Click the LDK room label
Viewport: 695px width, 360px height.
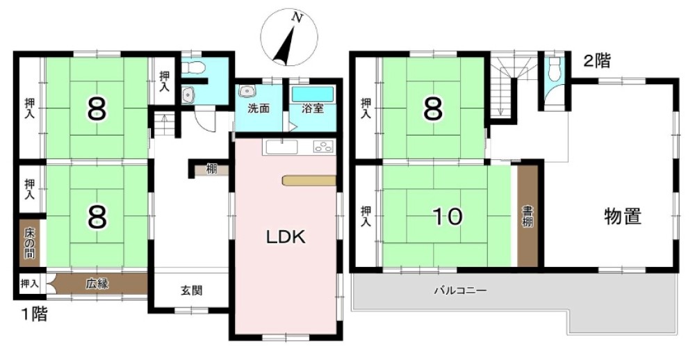(286, 238)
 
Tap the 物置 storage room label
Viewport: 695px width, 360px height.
(623, 217)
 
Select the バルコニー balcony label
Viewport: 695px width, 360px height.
(460, 291)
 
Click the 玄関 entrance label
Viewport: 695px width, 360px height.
(191, 291)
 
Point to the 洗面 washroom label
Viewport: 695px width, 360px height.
(259, 108)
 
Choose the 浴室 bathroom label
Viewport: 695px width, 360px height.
(313, 108)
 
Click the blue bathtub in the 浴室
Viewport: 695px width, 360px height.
(313, 94)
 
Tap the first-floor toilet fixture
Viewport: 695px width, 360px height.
(195, 68)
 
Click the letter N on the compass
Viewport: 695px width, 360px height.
(297, 17)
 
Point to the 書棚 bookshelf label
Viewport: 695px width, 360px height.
(527, 216)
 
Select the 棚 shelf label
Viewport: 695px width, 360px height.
(211, 170)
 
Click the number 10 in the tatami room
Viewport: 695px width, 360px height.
(448, 217)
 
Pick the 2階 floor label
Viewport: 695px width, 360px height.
(596, 61)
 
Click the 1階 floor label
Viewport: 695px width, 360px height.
(34, 314)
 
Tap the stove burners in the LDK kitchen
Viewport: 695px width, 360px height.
(324, 147)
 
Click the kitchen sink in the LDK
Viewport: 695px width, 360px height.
(282, 147)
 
